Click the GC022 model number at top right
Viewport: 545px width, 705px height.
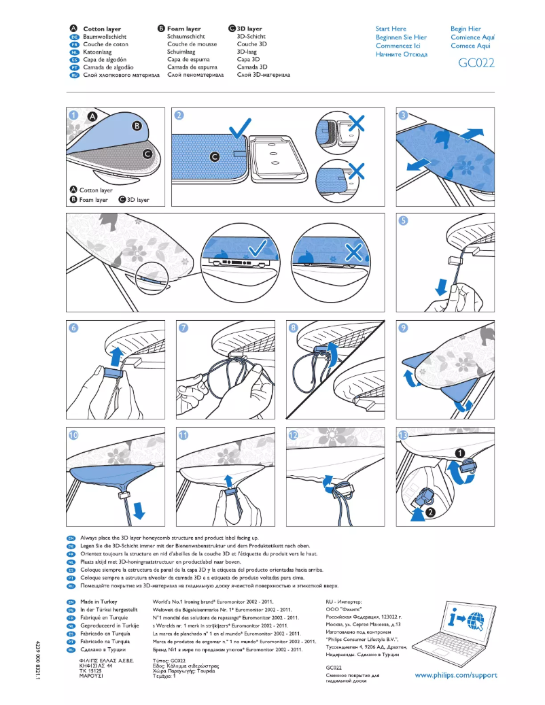pos(476,63)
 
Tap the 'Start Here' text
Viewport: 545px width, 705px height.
pos(391,29)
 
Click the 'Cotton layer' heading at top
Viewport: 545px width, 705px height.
pos(102,29)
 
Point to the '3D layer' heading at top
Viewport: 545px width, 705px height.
pos(249,29)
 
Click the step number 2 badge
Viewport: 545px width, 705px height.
pos(179,115)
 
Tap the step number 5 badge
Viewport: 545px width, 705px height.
pos(403,221)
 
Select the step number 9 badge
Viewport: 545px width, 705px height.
pos(403,327)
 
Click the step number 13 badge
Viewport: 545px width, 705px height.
pos(403,434)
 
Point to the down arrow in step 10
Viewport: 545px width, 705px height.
pos(139,509)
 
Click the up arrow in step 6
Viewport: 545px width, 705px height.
pos(116,354)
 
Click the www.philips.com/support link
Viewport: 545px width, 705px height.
pos(455,675)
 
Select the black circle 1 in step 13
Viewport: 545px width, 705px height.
pos(460,452)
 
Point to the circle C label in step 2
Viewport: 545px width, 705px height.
pos(215,157)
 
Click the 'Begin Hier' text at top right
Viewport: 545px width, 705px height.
pos(465,29)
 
